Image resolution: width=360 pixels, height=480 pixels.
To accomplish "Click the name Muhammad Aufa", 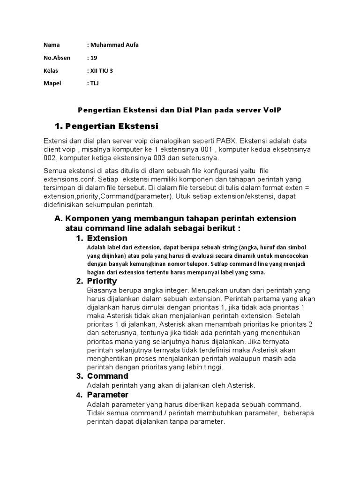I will pyautogui.click(x=114, y=45).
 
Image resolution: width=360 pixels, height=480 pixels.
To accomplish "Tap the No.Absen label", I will pyautogui.click(x=57, y=58).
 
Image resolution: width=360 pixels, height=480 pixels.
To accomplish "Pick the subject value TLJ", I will pyautogui.click(x=94, y=83).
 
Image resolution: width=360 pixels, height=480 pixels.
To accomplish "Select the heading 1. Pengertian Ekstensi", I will pyautogui.click(x=106, y=126).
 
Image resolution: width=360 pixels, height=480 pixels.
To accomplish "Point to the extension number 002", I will pyautogui.click(x=52, y=158).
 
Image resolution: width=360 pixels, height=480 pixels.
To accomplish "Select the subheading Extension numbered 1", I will pyautogui.click(x=107, y=238).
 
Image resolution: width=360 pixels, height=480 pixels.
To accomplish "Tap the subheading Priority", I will pyautogui.click(x=102, y=281).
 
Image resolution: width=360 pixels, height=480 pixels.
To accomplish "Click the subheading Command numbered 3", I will pyautogui.click(x=107, y=376).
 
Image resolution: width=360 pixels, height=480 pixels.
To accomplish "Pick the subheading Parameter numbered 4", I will pyautogui.click(x=107, y=395).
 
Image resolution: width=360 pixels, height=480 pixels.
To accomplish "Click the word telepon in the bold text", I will pyautogui.click(x=196, y=264).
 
